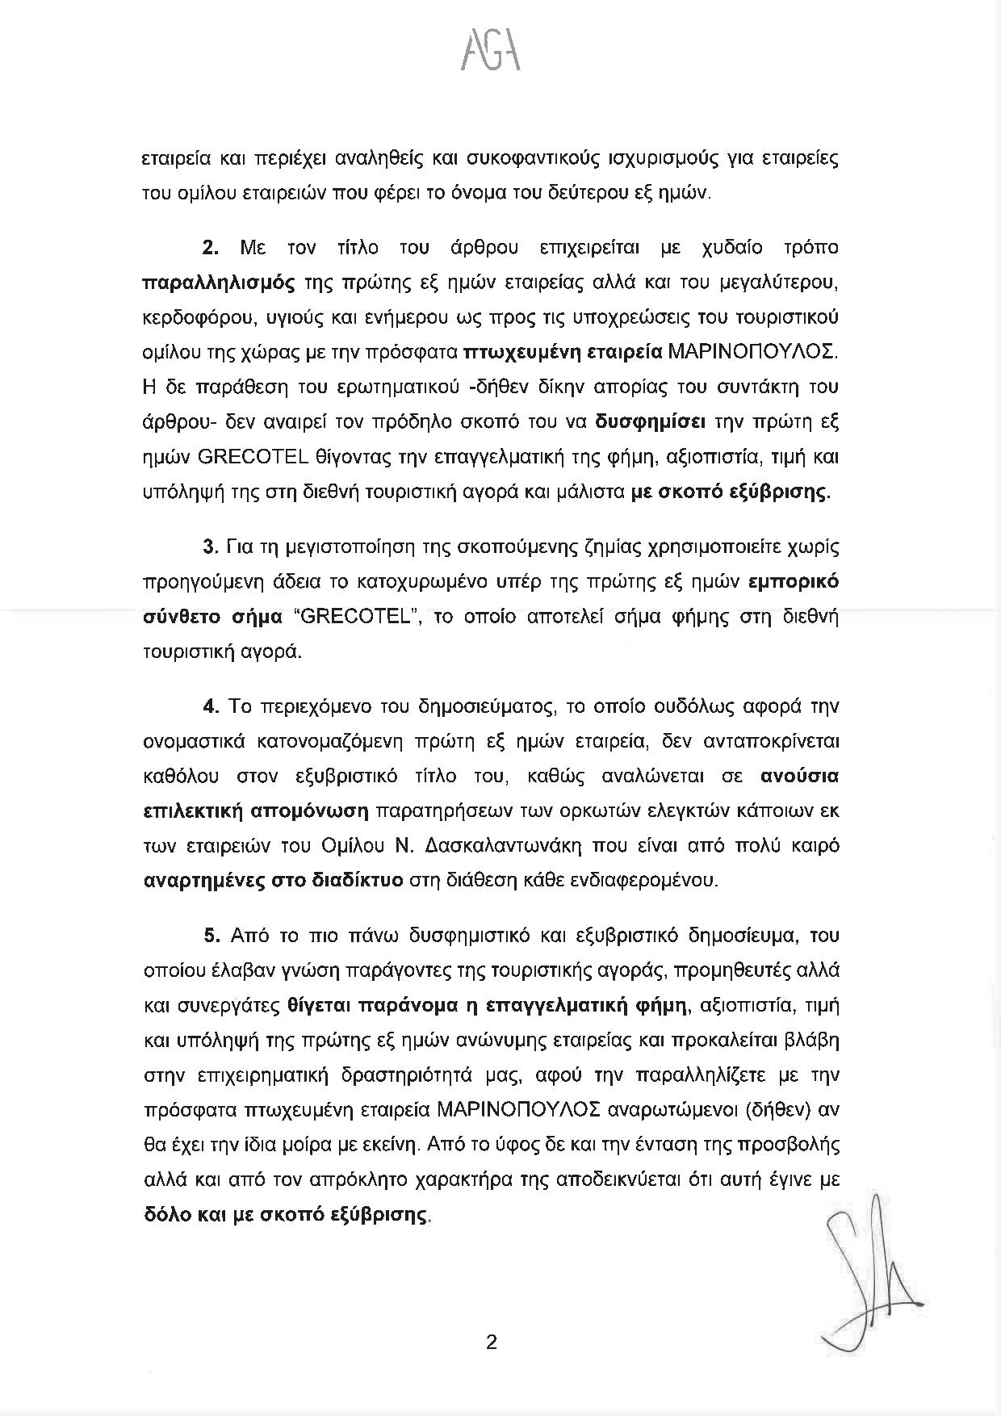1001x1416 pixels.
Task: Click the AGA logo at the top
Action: [491, 53]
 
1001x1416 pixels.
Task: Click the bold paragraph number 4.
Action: [212, 706]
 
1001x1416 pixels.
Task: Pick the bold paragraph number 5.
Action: [212, 936]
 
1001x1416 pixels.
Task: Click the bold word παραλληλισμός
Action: [217, 283]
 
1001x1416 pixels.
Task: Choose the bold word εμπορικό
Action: [794, 583]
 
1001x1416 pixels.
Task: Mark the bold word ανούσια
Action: [799, 776]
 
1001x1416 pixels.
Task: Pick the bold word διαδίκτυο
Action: [357, 880]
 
